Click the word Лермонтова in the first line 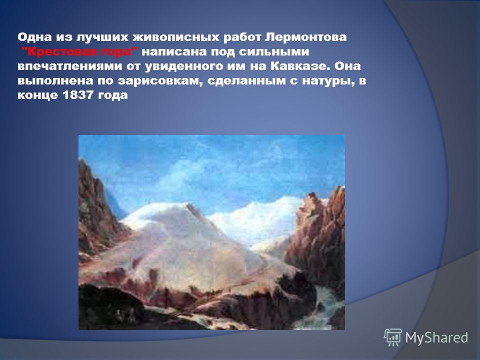coord(306,37)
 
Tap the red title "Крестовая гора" coord(79,51)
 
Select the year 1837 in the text coord(78,95)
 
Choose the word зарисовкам coord(160,81)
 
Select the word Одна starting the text coord(34,37)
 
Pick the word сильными coord(273,51)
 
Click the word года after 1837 coord(112,95)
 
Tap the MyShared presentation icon coord(393,337)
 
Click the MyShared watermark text coord(436,337)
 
